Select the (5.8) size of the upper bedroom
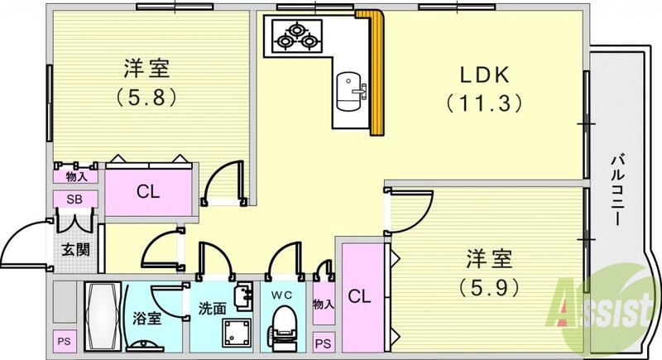147,95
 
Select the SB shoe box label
75,199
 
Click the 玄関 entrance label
75,250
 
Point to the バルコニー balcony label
617,190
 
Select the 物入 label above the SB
75,175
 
